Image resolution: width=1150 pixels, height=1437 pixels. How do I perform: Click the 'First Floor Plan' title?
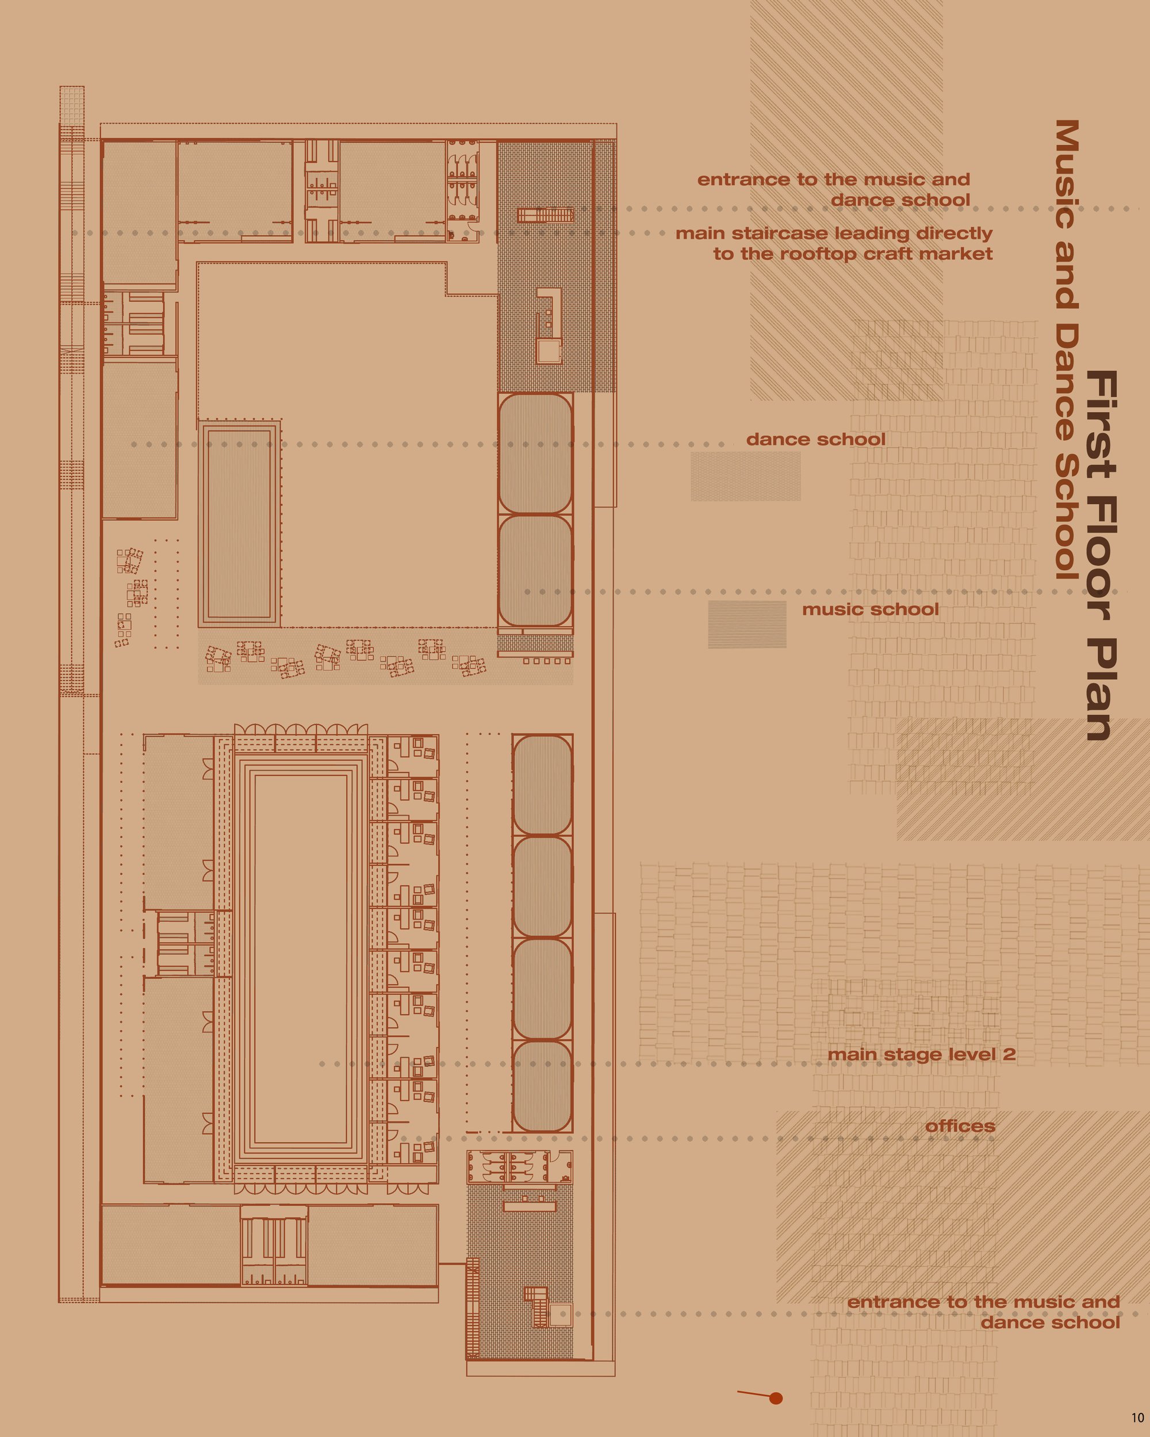tap(1101, 556)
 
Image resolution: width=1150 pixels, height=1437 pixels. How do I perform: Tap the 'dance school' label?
tap(816, 439)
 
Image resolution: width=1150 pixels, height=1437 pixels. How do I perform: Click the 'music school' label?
tap(870, 609)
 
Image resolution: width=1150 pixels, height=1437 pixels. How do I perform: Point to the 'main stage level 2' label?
tap(921, 1054)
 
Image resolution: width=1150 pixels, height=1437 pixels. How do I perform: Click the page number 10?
tap(1137, 1417)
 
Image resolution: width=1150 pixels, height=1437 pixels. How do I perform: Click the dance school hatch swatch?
tap(745, 476)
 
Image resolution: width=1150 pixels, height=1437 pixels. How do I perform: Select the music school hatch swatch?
tap(747, 624)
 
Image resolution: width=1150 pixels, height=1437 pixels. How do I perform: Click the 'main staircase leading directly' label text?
tap(834, 233)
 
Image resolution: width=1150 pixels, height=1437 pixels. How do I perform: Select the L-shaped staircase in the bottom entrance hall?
tap(535, 1306)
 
